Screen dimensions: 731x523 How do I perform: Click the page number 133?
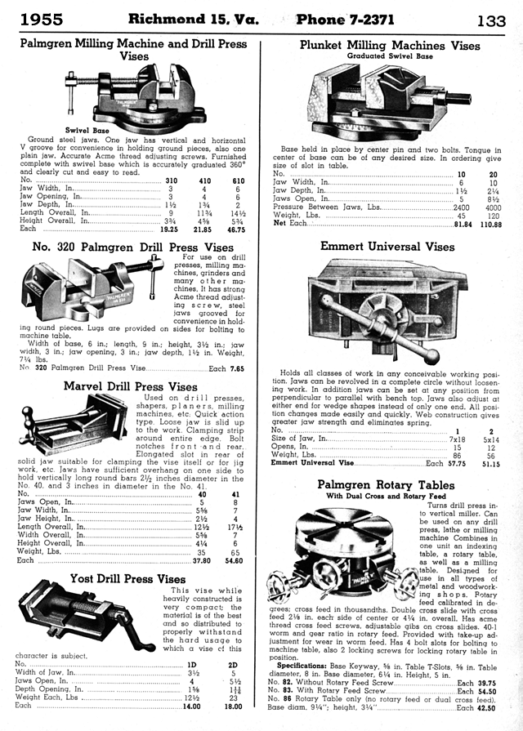(x=492, y=20)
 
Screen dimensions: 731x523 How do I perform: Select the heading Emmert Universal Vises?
(x=387, y=246)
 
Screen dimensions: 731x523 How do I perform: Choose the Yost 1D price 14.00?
(x=191, y=705)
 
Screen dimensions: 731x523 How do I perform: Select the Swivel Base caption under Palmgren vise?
(x=87, y=130)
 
